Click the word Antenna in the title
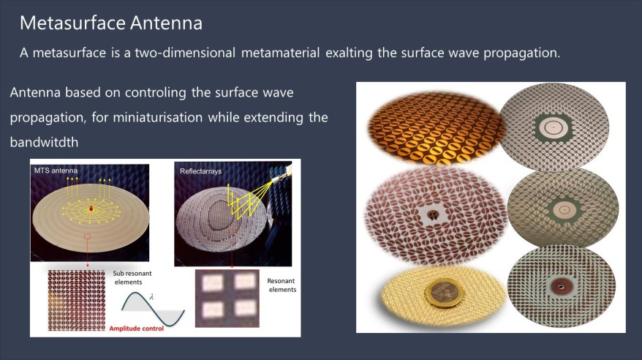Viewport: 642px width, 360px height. [167, 23]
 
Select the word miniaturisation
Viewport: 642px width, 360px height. [158, 118]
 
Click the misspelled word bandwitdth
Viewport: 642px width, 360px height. [44, 142]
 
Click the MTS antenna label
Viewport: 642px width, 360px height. [56, 170]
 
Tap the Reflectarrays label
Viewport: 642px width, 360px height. [200, 170]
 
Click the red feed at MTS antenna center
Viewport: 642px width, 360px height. [91, 209]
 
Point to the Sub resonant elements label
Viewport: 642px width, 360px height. [132, 277]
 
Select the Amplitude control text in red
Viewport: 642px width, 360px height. [136, 329]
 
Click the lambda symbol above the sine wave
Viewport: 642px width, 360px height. [151, 296]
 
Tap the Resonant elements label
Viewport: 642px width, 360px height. [282, 285]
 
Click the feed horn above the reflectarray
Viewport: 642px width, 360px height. [282, 173]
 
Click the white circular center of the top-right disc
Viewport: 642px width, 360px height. [553, 127]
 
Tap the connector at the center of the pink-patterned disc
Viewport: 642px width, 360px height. [432, 214]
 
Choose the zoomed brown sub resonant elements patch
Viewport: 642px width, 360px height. [77, 300]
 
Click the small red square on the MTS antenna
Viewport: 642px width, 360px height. [87, 236]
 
